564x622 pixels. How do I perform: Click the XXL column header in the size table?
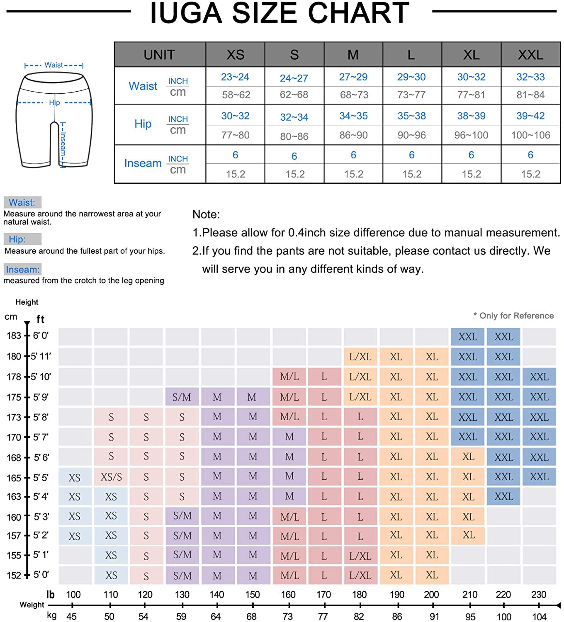(x=530, y=55)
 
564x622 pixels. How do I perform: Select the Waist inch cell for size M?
(x=353, y=77)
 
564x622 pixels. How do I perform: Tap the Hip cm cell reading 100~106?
(x=530, y=135)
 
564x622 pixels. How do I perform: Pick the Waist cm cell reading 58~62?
(x=236, y=95)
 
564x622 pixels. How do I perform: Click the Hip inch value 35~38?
(x=411, y=116)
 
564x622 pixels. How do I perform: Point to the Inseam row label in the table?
(x=143, y=163)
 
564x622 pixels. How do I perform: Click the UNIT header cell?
(x=159, y=55)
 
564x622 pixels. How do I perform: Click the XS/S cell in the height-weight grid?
(x=111, y=477)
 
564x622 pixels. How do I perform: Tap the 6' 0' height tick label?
(x=41, y=335)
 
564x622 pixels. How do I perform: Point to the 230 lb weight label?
(x=539, y=595)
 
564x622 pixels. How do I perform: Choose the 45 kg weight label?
(x=71, y=617)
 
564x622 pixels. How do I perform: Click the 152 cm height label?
(x=14, y=576)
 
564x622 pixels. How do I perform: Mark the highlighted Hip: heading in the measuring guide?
(x=17, y=239)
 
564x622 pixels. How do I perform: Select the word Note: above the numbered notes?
(x=206, y=215)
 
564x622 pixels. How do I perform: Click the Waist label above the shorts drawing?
(x=54, y=65)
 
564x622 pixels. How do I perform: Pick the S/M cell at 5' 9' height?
(x=182, y=397)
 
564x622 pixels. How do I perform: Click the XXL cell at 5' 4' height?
(x=503, y=496)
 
